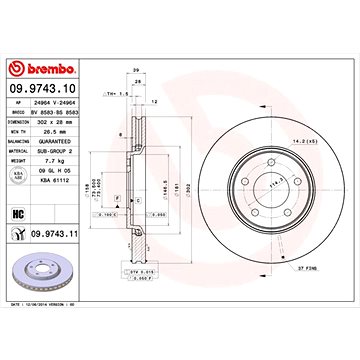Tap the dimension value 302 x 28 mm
tap(55, 120)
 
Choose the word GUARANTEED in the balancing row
tap(54, 138)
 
